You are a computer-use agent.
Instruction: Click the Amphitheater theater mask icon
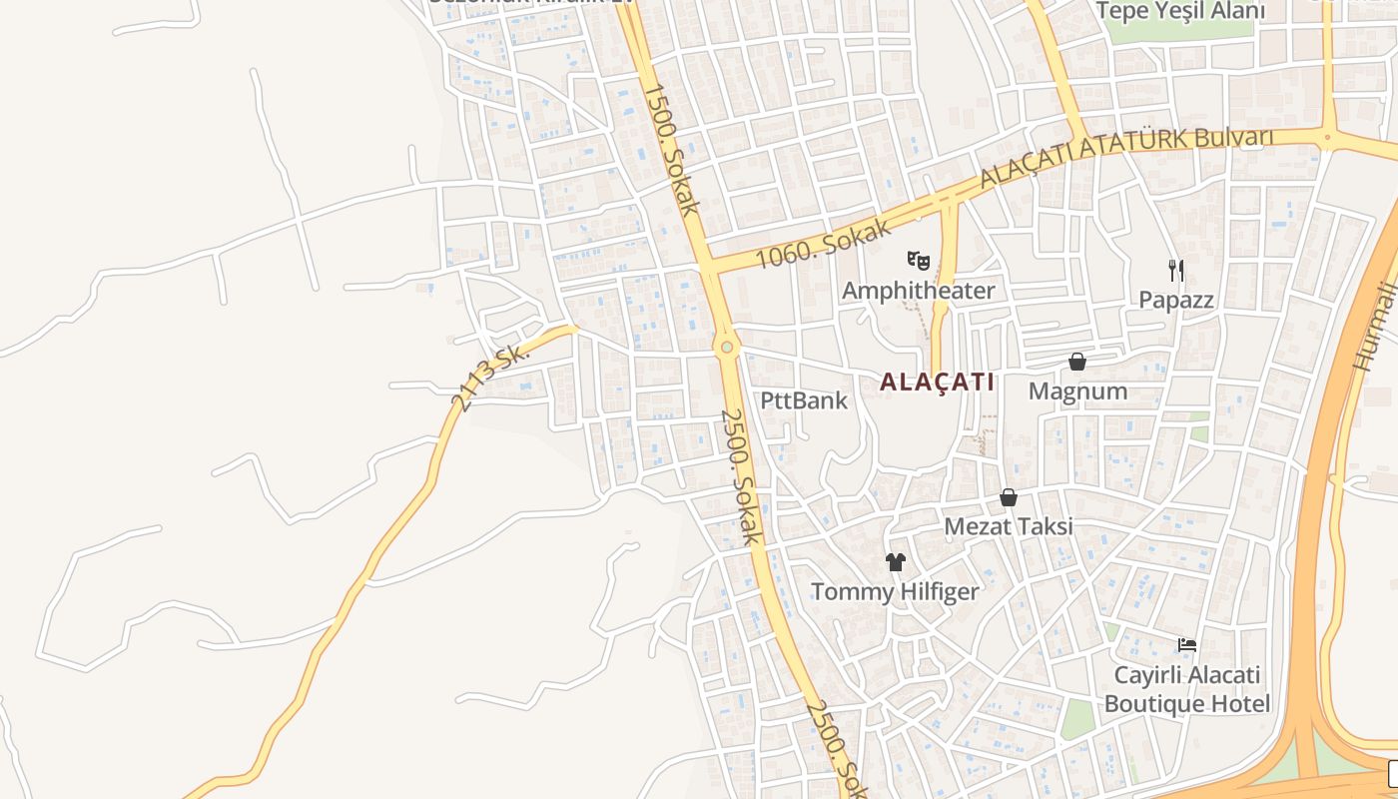[919, 262]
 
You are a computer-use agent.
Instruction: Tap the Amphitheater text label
[919, 291]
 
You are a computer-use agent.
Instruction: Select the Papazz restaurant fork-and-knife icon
[1176, 270]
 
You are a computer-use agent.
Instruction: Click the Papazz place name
[1176, 300]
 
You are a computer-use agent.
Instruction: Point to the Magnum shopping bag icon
[1077, 362]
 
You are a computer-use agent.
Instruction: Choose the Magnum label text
[1077, 392]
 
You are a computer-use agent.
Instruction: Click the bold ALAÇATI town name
[938, 382]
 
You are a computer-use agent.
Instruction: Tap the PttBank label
[804, 400]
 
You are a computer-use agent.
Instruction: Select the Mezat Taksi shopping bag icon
[1009, 497]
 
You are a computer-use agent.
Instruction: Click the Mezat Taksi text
[1009, 526]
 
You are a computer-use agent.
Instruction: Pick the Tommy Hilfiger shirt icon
[895, 562]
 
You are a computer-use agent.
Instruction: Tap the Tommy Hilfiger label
[895, 591]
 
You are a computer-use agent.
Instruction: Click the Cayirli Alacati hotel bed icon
[1187, 645]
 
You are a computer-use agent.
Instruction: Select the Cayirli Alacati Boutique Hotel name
[1187, 689]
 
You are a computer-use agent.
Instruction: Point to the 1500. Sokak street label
[671, 149]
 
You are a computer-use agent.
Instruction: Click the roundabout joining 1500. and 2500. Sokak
[727, 348]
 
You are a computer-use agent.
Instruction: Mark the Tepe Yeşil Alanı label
[1180, 11]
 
